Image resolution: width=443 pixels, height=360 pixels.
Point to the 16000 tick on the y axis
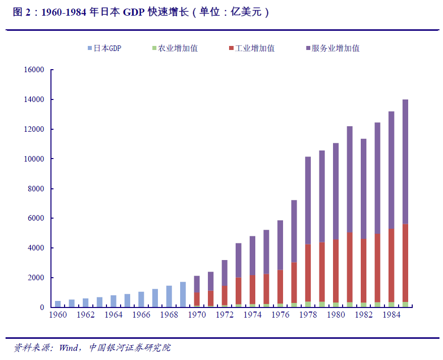pos(35,70)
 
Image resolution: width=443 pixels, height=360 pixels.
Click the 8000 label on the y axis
pos(37,189)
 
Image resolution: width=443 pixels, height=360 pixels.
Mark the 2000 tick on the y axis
pos(37,278)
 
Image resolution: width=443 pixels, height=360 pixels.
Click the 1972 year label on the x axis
pos(225,315)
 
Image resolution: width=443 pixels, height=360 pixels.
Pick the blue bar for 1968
pos(169,296)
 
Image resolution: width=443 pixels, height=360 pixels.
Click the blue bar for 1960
pos(58,304)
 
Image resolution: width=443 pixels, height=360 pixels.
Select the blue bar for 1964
pos(114,301)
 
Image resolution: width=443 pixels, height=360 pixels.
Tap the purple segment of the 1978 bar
pos(308,200)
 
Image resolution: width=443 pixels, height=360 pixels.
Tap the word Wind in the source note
pos(69,348)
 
